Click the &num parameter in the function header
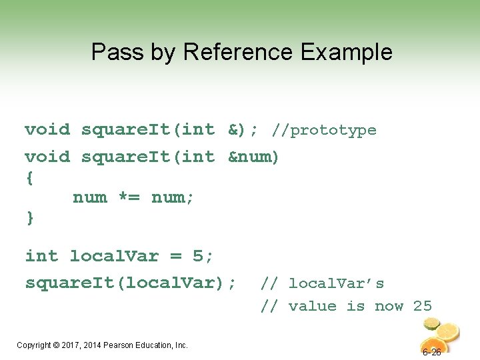(x=253, y=157)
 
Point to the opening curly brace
(x=29, y=179)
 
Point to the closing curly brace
(x=29, y=217)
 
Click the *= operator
(x=129, y=197)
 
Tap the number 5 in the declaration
(x=197, y=256)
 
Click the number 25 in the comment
(x=423, y=306)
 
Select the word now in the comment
(x=389, y=306)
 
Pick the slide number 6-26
(x=431, y=352)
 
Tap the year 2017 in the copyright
(x=71, y=345)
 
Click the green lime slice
(x=431, y=323)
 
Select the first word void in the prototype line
(x=47, y=130)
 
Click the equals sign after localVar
(x=175, y=256)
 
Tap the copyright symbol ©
(x=55, y=345)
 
